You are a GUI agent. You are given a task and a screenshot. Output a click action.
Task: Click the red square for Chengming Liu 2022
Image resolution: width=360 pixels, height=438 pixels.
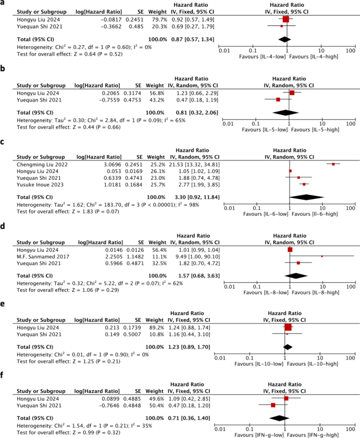tap(333, 164)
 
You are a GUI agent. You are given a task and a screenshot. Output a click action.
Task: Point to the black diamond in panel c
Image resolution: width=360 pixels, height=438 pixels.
tap(306, 197)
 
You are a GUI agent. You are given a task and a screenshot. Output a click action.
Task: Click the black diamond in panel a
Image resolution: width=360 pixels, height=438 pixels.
tap(284, 38)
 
